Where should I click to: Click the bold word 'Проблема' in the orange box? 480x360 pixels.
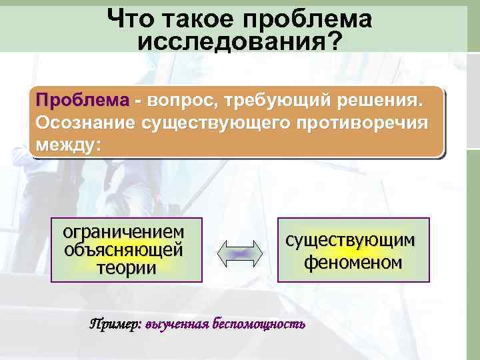(x=83, y=101)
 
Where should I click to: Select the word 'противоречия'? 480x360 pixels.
(x=361, y=123)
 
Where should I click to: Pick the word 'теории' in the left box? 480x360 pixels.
(x=126, y=267)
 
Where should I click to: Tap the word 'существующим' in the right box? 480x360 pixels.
(x=353, y=240)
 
